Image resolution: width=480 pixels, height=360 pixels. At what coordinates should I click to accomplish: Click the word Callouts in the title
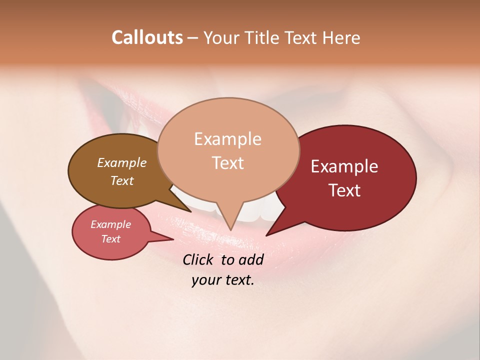(147, 37)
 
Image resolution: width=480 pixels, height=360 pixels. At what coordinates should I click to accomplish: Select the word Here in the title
(341, 37)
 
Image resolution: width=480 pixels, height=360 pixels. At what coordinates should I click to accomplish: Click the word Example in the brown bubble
(122, 162)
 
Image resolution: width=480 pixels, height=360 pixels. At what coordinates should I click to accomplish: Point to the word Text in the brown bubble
(122, 180)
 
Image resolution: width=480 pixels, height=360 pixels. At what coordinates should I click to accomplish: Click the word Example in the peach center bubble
(227, 139)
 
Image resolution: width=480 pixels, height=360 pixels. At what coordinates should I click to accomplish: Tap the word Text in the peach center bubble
(227, 162)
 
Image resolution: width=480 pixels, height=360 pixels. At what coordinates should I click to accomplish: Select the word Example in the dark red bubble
(344, 166)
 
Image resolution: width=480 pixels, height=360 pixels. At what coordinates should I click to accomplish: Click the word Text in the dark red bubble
(344, 190)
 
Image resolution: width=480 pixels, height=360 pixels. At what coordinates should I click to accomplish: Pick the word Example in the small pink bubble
(110, 224)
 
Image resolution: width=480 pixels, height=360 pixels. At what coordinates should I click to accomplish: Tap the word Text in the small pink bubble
(110, 239)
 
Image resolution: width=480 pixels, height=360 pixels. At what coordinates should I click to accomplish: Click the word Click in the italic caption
(199, 260)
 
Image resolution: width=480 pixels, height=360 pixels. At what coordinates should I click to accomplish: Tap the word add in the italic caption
(250, 260)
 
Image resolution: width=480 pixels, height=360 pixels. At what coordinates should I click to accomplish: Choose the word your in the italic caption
(205, 280)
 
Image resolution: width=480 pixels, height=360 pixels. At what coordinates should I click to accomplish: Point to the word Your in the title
(220, 37)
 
